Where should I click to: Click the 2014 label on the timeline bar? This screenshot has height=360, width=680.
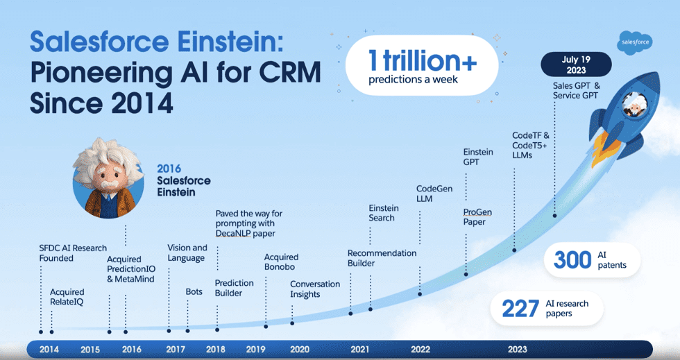pyautogui.click(x=49, y=349)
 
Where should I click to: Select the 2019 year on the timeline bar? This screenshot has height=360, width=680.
pyautogui.click(x=256, y=349)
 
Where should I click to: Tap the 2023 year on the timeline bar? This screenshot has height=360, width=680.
pyautogui.click(x=517, y=349)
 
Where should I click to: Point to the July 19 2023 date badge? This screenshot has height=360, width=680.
pyautogui.click(x=575, y=65)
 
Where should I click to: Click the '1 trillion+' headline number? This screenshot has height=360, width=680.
pyautogui.click(x=422, y=61)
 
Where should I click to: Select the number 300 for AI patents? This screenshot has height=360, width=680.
pyautogui.click(x=572, y=260)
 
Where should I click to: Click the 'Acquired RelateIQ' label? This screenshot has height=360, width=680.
pyautogui.click(x=67, y=297)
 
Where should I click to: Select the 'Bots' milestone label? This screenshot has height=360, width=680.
pyautogui.click(x=194, y=291)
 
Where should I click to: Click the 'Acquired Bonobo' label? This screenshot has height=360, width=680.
pyautogui.click(x=281, y=262)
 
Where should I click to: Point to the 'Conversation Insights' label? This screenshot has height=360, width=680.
pyautogui.click(x=315, y=289)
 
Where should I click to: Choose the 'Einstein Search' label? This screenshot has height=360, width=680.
pyautogui.click(x=383, y=213)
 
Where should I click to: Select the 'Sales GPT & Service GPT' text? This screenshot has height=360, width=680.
pyautogui.click(x=576, y=89)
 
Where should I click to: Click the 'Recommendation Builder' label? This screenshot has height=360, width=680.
pyautogui.click(x=382, y=258)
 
